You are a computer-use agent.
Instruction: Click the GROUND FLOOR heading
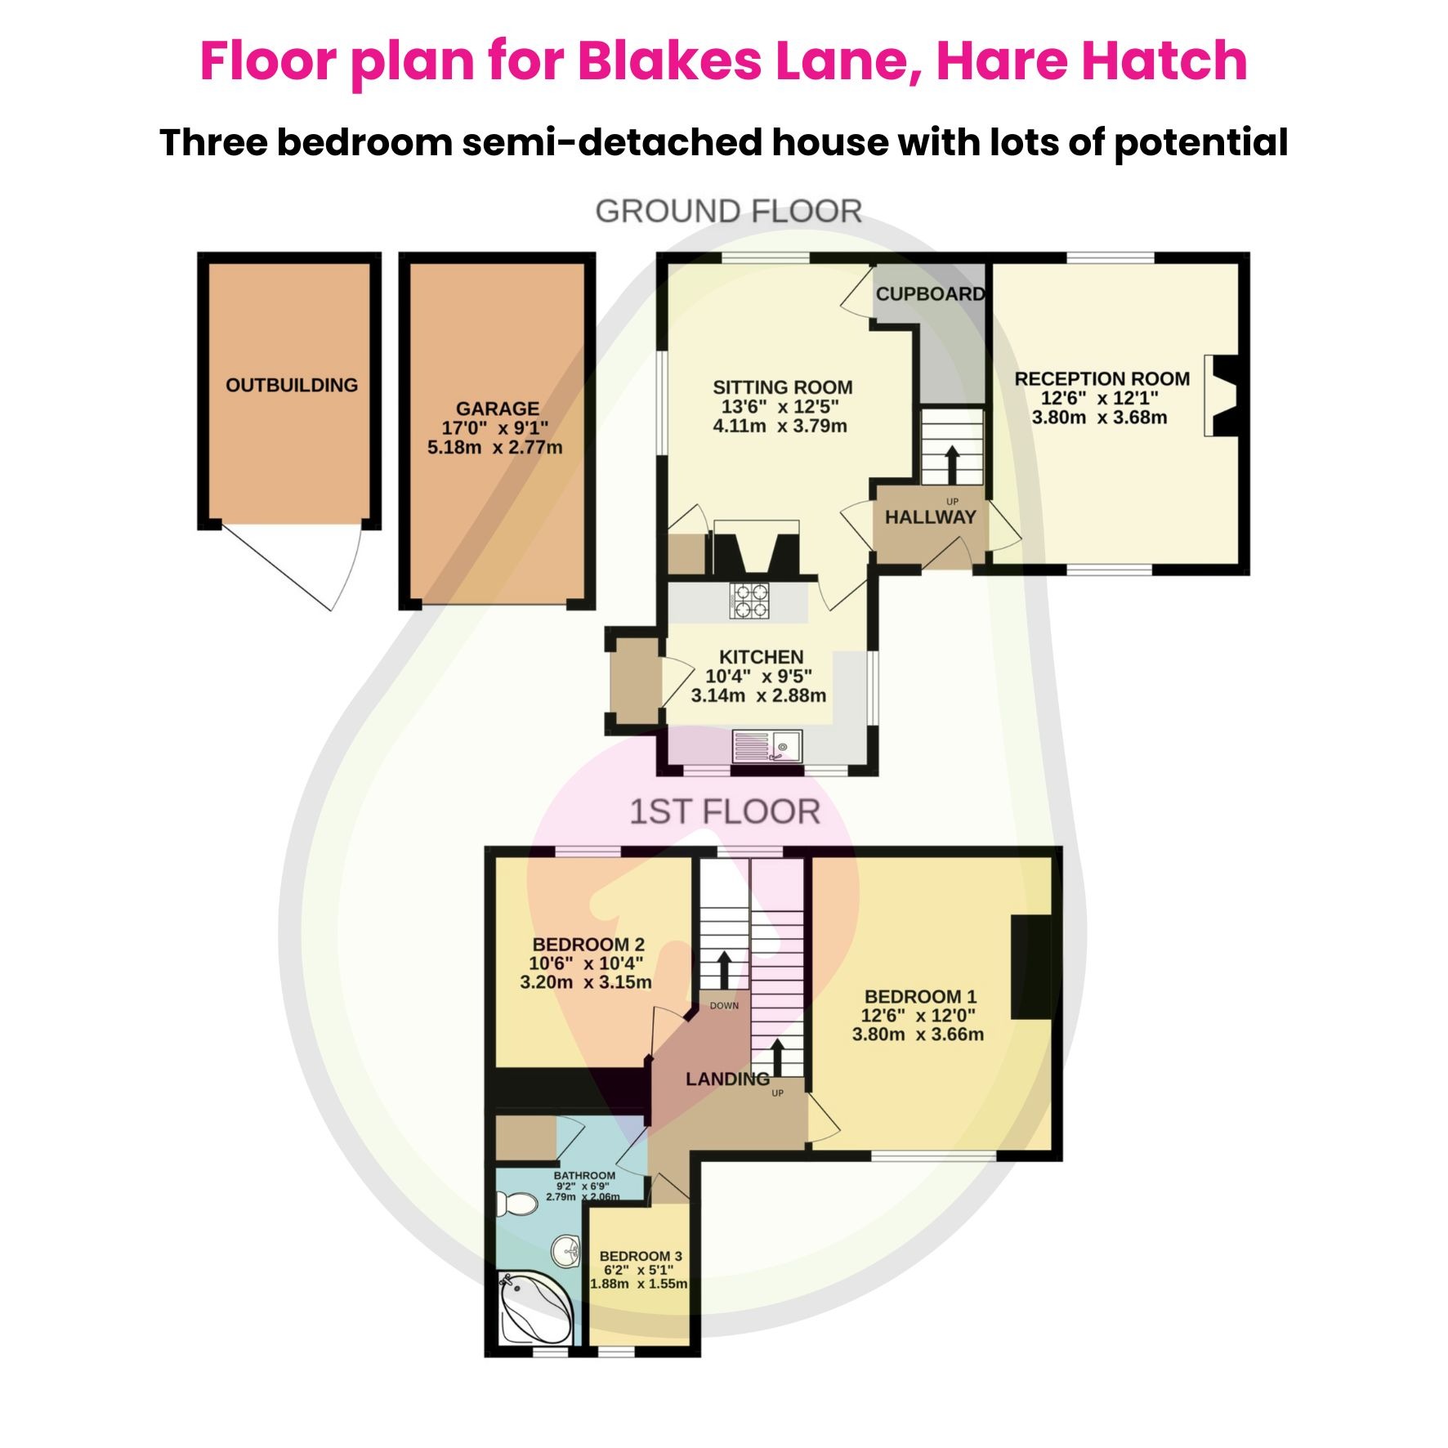click(728, 212)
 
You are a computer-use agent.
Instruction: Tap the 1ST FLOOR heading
click(724, 811)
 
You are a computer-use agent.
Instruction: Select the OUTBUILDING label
click(292, 385)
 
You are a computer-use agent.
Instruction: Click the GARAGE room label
click(497, 408)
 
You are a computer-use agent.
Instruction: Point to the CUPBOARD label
click(930, 293)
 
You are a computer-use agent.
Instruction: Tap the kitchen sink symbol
click(768, 746)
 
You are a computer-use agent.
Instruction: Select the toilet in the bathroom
click(517, 1203)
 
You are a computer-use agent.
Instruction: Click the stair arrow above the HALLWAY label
click(952, 465)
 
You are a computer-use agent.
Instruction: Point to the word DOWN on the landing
click(724, 1006)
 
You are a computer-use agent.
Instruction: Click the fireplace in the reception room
click(1222, 396)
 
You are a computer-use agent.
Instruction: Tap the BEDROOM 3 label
click(640, 1256)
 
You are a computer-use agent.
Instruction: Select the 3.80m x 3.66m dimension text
click(918, 1035)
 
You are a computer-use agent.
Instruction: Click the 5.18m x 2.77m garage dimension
click(494, 447)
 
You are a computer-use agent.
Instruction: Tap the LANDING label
click(726, 1079)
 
